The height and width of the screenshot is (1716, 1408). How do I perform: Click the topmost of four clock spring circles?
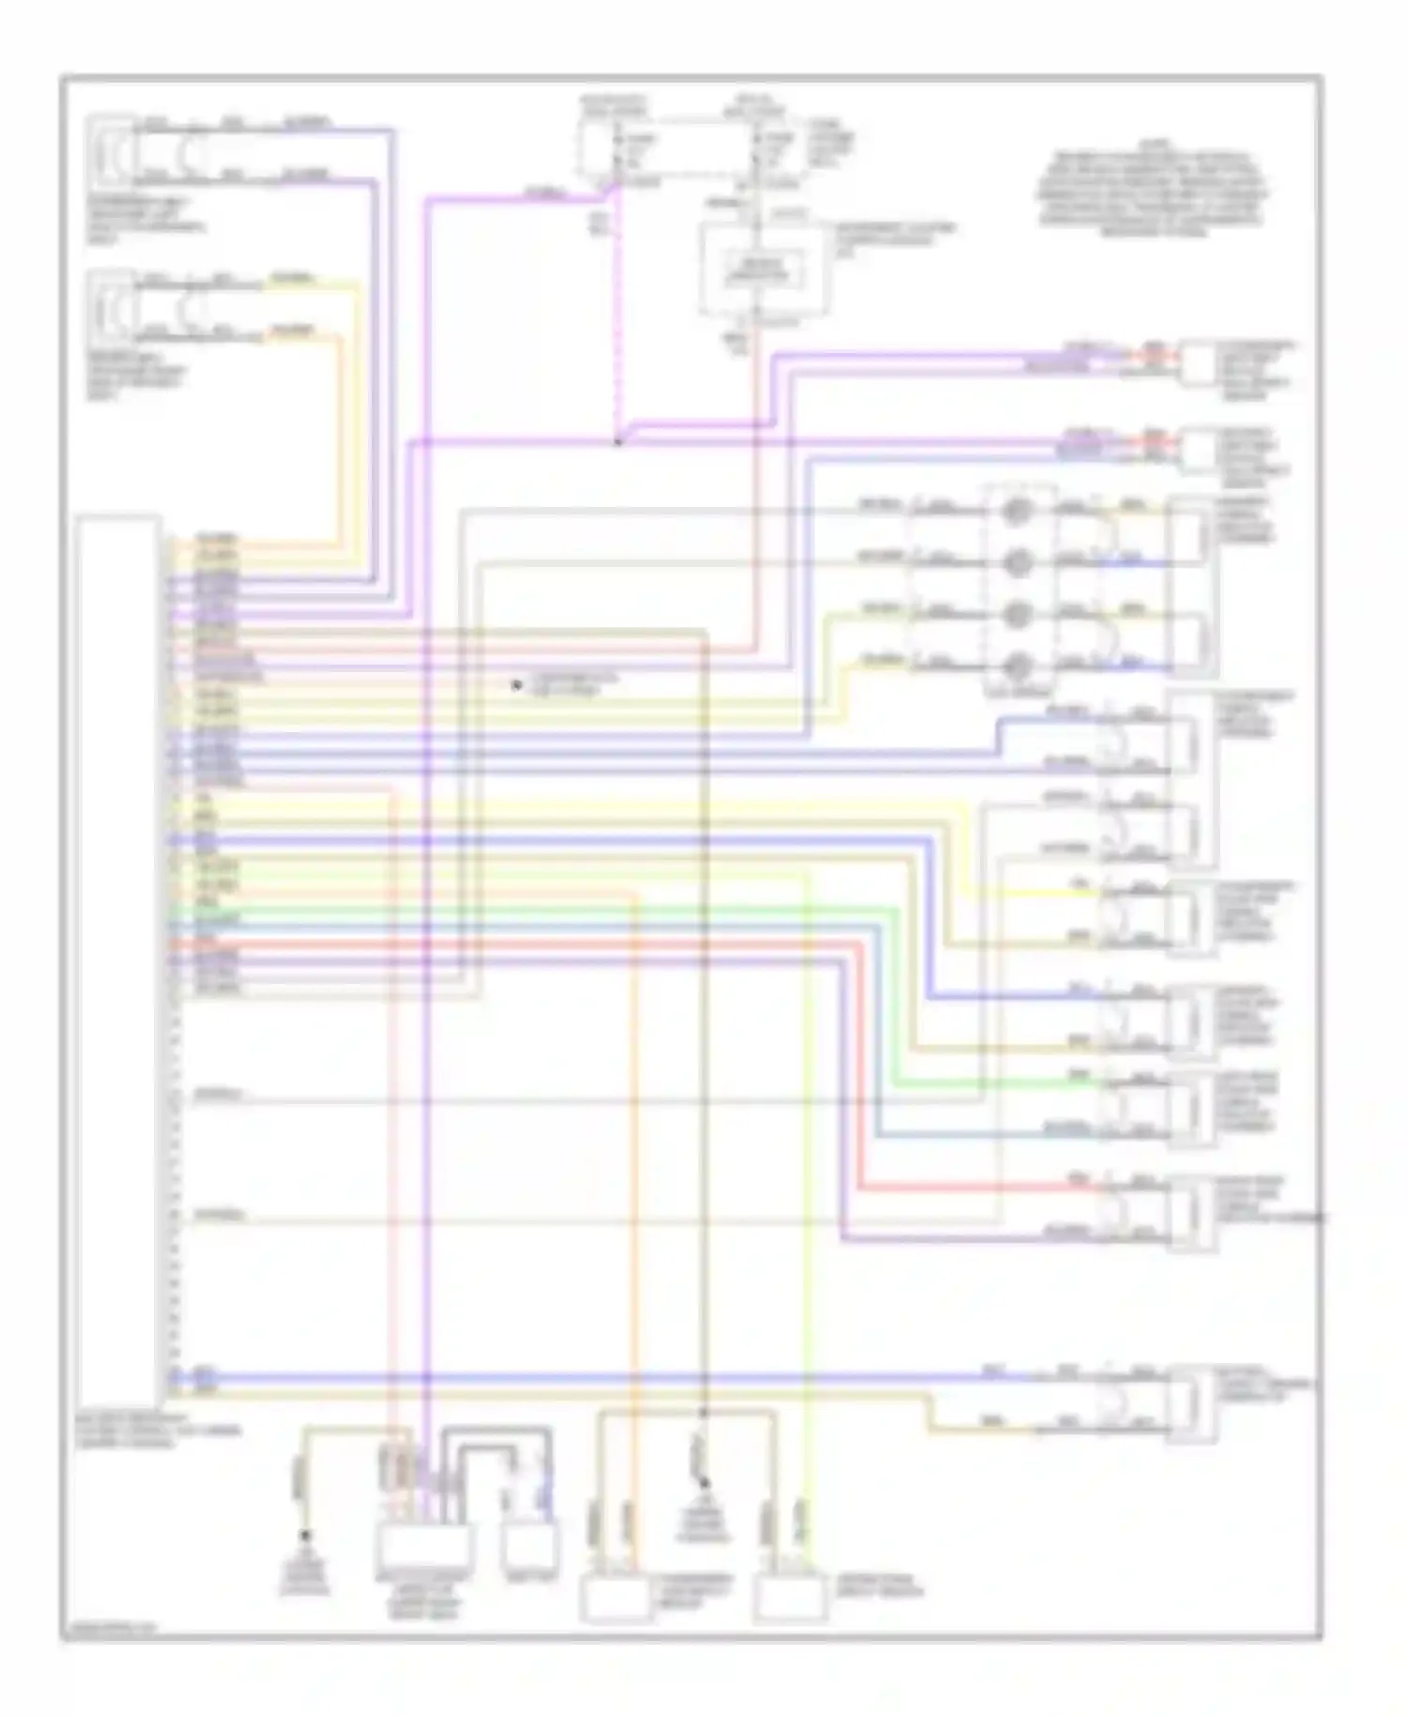click(x=1018, y=512)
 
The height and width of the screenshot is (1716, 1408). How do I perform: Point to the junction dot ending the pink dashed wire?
click(x=617, y=441)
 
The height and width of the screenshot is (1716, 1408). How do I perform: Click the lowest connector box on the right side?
click(x=1191, y=1402)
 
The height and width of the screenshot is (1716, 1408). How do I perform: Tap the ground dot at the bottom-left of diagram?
click(x=304, y=1537)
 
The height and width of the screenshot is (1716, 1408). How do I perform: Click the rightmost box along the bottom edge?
click(x=790, y=1601)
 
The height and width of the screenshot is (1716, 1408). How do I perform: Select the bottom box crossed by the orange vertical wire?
click(x=616, y=1601)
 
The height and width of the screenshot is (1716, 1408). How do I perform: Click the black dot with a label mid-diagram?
click(x=515, y=685)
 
